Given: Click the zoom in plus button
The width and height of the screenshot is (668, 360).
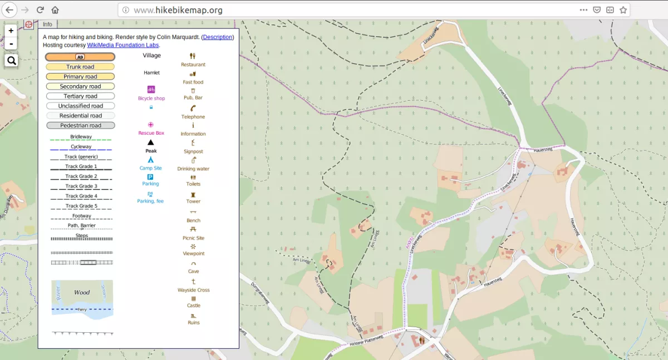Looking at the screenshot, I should [x=11, y=31].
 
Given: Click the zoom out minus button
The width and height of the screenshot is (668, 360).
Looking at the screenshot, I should [x=11, y=43].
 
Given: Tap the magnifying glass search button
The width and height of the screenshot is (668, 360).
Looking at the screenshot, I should [x=11, y=60].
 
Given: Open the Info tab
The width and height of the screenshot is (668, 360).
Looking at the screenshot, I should [x=47, y=24].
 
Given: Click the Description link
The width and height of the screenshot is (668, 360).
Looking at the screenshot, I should [x=218, y=37].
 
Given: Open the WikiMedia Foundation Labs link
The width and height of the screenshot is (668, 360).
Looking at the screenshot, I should [x=123, y=45].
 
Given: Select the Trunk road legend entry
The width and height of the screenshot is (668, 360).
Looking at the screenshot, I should [x=80, y=67].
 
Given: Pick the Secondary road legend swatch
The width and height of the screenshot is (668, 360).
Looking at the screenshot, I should [x=80, y=86].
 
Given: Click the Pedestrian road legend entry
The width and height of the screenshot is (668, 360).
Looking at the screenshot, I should [x=80, y=125].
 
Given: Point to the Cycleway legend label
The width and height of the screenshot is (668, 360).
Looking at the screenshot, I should [x=81, y=147].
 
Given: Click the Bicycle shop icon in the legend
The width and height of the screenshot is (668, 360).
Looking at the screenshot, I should [x=151, y=89].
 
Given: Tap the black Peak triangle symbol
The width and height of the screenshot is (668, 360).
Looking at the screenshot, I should [x=151, y=142].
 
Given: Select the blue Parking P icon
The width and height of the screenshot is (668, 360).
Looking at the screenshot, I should [x=150, y=177].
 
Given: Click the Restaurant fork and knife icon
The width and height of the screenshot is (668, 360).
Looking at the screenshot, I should [x=193, y=56].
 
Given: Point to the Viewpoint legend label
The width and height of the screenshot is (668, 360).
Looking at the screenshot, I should [x=194, y=254].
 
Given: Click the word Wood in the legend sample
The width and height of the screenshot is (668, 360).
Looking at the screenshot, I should [x=82, y=292].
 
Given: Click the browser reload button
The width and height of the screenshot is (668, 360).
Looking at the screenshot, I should [x=40, y=10].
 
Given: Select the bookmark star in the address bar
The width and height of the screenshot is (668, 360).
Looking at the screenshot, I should [x=623, y=10].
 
